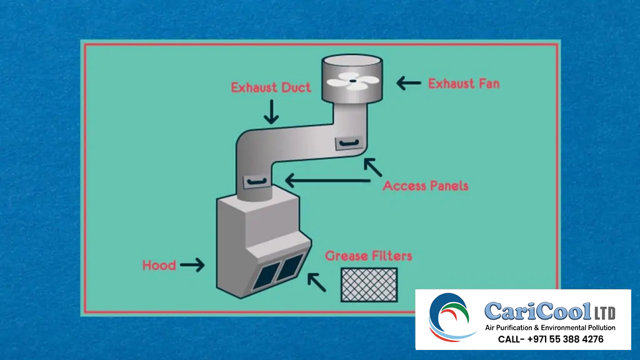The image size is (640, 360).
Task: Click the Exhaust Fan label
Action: coord(464,83)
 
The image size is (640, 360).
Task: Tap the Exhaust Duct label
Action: coord(271,87)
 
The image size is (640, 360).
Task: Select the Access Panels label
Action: coord(425,186)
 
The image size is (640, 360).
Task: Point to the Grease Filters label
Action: coord(368,256)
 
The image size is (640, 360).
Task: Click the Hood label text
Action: coord(159,265)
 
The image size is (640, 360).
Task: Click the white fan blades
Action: coord(352,79)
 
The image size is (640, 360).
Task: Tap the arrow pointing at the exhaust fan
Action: coord(409,82)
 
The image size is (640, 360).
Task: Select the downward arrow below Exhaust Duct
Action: coord(271,111)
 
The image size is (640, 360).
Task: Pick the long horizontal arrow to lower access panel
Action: coord(327,181)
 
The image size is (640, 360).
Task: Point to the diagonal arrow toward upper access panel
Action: coord(372,167)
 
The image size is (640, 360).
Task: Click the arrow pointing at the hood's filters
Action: coord(316,282)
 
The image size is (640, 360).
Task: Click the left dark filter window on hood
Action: coord(266,273)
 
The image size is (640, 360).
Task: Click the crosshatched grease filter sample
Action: coord(369,284)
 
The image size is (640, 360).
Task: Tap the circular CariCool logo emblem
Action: coord(452,317)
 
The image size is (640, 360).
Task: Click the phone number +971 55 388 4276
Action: coord(551,339)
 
